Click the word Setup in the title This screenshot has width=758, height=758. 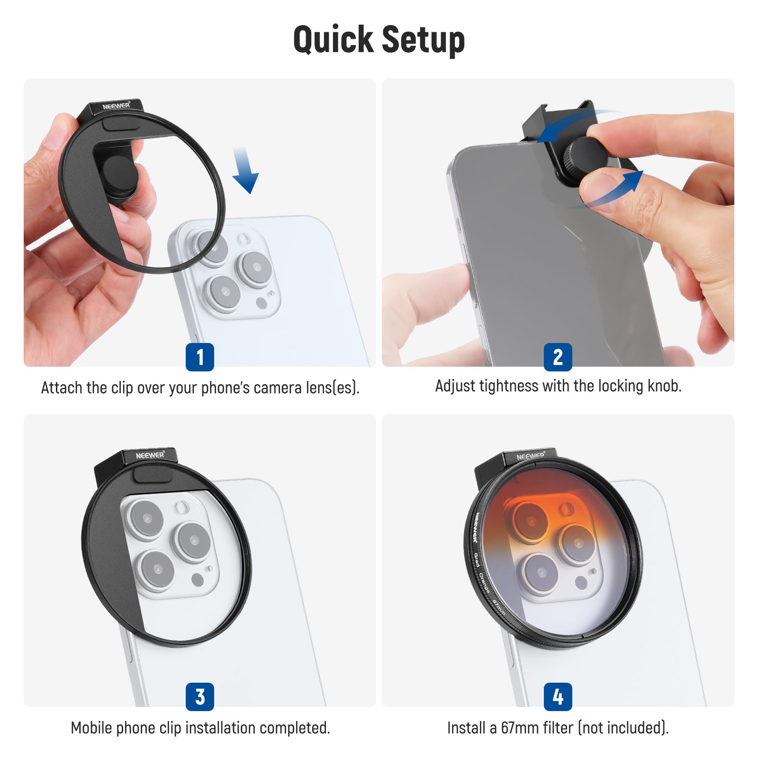point(423,40)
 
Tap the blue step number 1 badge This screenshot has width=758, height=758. point(199,357)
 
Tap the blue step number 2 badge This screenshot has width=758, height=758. point(558,357)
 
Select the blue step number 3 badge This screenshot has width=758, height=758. point(199,696)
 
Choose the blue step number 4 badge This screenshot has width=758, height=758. point(558,696)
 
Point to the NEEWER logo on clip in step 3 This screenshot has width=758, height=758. point(150,455)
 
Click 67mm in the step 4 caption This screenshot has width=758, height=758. point(519,727)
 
